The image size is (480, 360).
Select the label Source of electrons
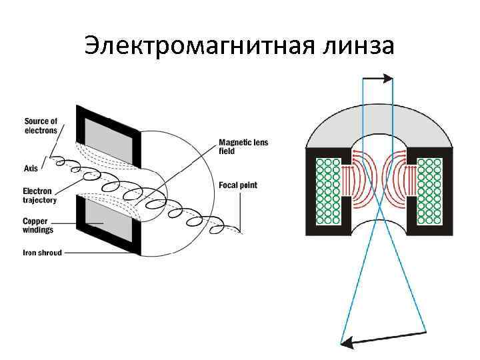tap(41, 125)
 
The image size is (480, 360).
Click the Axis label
tap(31, 159)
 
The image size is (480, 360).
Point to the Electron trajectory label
tap(40, 195)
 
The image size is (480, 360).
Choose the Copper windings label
tap(39, 225)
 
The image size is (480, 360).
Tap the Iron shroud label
tap(43, 253)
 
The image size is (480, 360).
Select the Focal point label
tap(238, 185)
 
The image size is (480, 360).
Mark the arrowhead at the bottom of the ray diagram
tap(345, 343)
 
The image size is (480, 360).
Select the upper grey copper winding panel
tap(107, 141)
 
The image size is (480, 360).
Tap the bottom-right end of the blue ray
tap(426, 331)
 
